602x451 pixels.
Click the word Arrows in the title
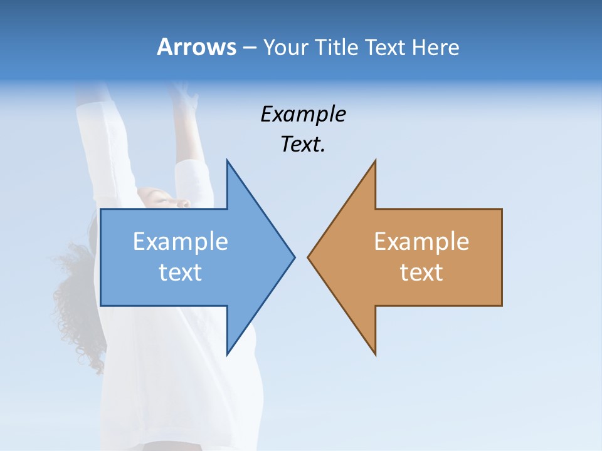[x=196, y=47]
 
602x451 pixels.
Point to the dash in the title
[x=248, y=48]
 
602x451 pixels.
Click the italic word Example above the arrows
[x=303, y=114]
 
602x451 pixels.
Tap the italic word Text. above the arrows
[x=303, y=145]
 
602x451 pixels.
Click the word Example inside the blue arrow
[x=181, y=241]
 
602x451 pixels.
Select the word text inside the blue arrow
[x=181, y=272]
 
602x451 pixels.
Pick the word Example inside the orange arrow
[x=421, y=241]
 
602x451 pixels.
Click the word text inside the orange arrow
[x=421, y=272]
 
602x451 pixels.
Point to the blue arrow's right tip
[x=293, y=256]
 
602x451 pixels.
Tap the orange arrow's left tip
[x=309, y=256]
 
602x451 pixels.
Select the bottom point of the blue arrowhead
[x=228, y=353]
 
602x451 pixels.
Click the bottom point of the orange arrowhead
[x=375, y=354]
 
